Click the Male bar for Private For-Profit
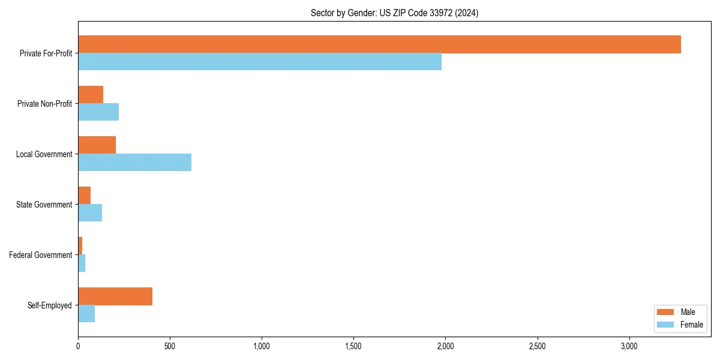379,44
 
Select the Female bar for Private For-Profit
260,61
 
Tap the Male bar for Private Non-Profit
91,95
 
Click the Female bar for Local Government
134,162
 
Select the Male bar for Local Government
97,145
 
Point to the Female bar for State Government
90,212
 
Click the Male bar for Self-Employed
115,296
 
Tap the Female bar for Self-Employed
86,313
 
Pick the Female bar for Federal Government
82,263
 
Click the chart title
394,13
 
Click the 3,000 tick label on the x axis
629,346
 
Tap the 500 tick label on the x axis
170,346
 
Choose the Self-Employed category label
50,305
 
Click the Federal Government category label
41,255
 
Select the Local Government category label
44,154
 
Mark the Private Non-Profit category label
45,104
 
